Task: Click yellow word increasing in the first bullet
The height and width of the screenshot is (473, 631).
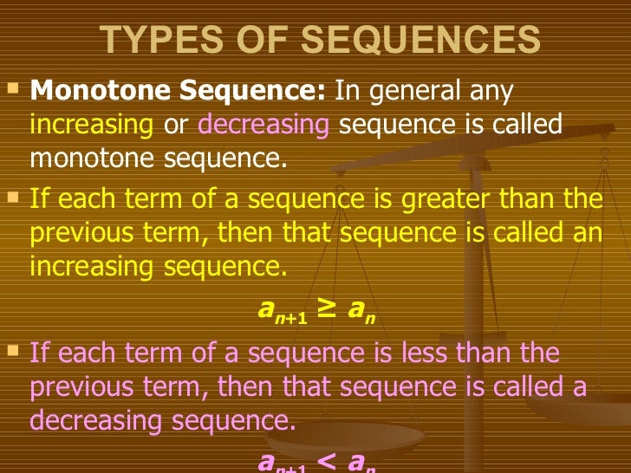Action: coord(91,125)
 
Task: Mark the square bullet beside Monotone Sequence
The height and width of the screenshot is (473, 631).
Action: coord(11,87)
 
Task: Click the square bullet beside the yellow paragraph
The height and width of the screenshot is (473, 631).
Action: coord(11,197)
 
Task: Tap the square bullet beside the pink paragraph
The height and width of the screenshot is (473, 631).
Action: coord(11,350)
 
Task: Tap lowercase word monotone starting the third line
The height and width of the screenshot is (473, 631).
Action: coord(83,159)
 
